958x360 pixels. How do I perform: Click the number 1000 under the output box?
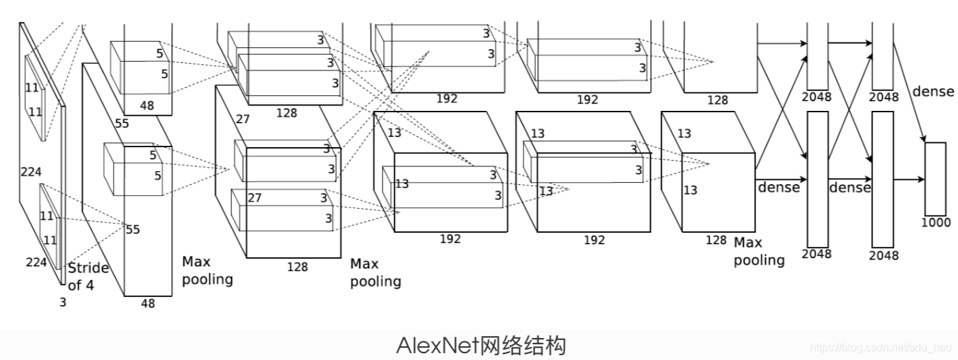point(935,222)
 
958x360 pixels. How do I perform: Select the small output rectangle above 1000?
point(935,179)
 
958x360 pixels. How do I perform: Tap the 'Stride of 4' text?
point(88,276)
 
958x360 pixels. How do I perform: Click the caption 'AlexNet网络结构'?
point(481,345)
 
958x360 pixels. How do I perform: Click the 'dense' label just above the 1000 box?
point(933,91)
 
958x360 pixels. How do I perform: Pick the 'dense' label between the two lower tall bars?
point(850,187)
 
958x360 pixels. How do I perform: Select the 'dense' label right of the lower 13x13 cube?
point(778,187)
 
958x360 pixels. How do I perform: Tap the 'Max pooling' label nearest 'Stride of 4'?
point(207,270)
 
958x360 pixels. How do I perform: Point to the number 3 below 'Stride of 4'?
point(63,301)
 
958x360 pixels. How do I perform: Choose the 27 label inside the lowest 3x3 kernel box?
point(255,198)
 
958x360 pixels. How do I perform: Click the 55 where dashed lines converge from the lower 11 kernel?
point(133,229)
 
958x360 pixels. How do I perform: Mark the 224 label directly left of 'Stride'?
point(36,262)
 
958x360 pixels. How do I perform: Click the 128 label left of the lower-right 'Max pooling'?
point(716,240)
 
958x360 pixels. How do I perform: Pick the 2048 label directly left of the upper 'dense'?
point(883,97)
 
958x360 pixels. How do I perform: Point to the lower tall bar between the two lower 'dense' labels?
point(817,179)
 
